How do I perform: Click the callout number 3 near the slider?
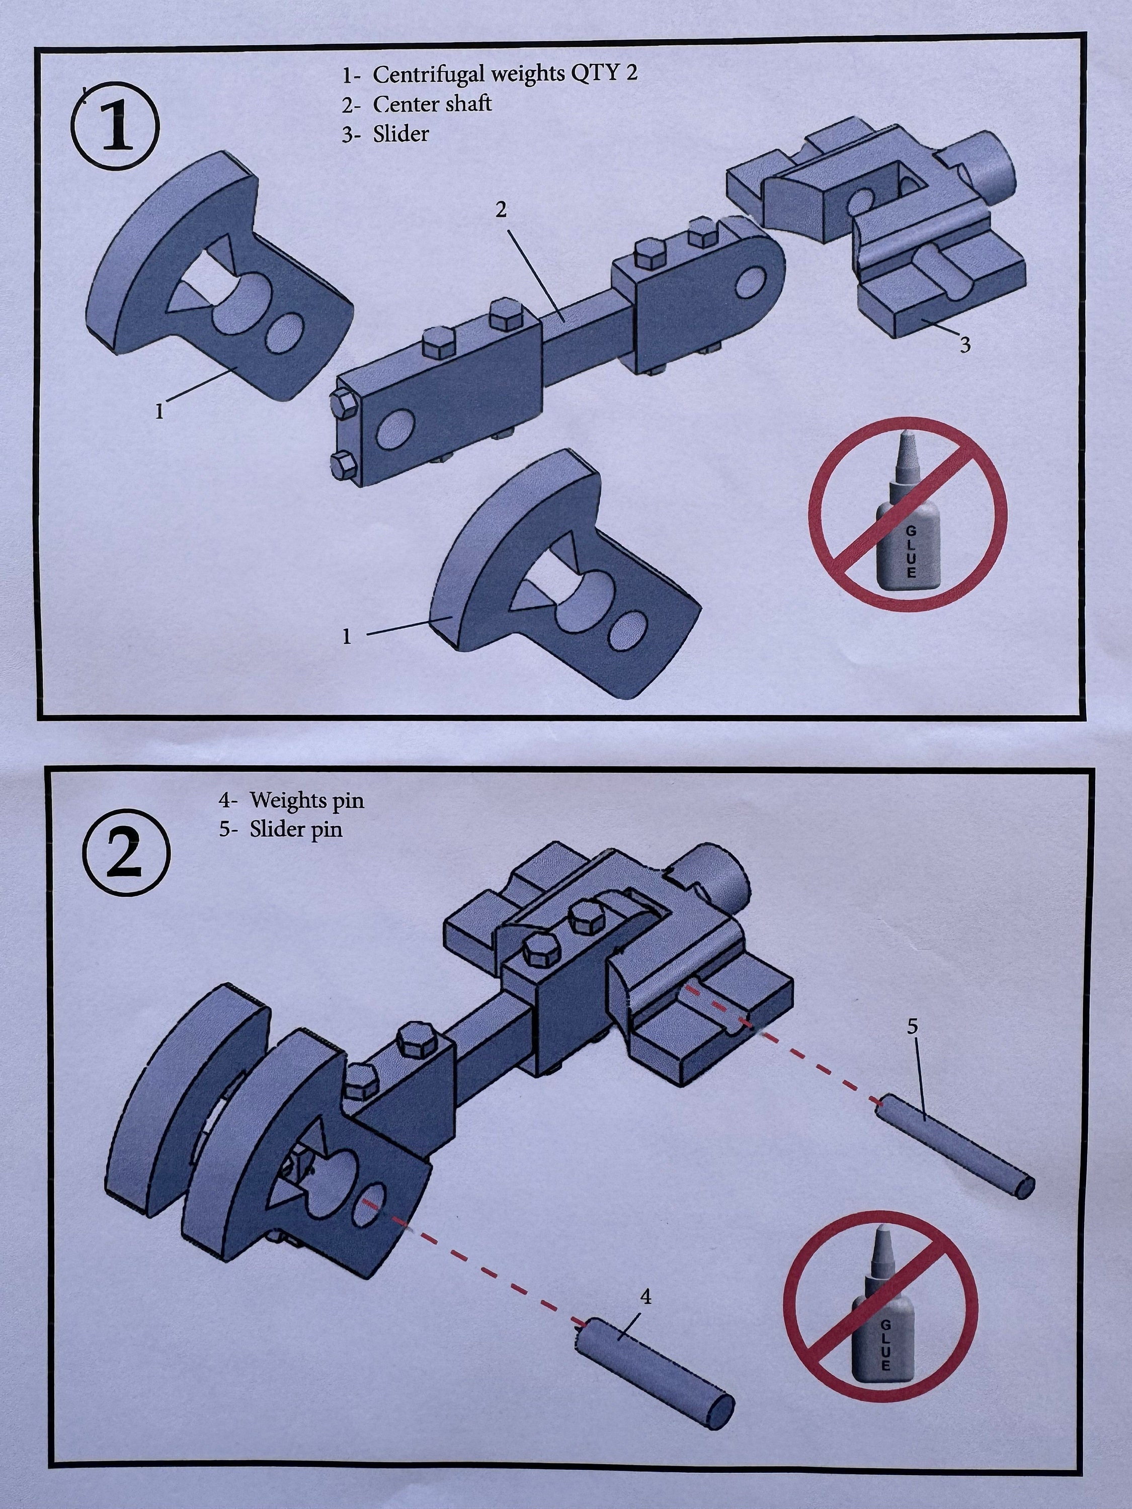[x=965, y=345]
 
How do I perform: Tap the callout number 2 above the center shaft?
[x=502, y=210]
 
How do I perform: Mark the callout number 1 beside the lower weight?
[x=347, y=636]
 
